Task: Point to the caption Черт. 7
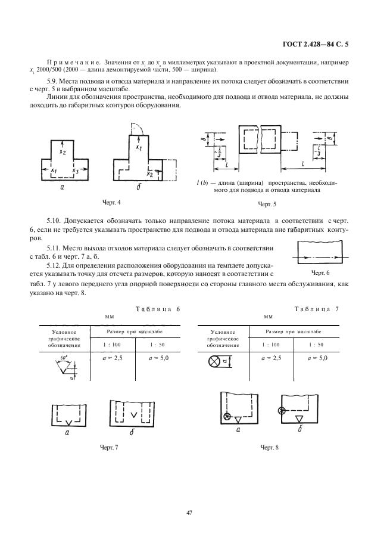coord(110,447)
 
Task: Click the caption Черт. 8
coord(269,447)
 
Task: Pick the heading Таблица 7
coord(317,309)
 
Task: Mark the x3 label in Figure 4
coord(74,171)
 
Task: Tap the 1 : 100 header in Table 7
coord(272,345)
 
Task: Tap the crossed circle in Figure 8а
coord(226,416)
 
